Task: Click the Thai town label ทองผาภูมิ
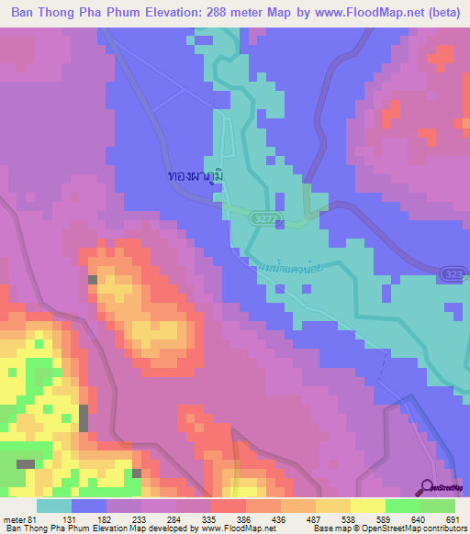[196, 174]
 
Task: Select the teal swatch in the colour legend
[53, 506]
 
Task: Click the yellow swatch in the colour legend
[368, 506]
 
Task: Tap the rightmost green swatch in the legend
[439, 506]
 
